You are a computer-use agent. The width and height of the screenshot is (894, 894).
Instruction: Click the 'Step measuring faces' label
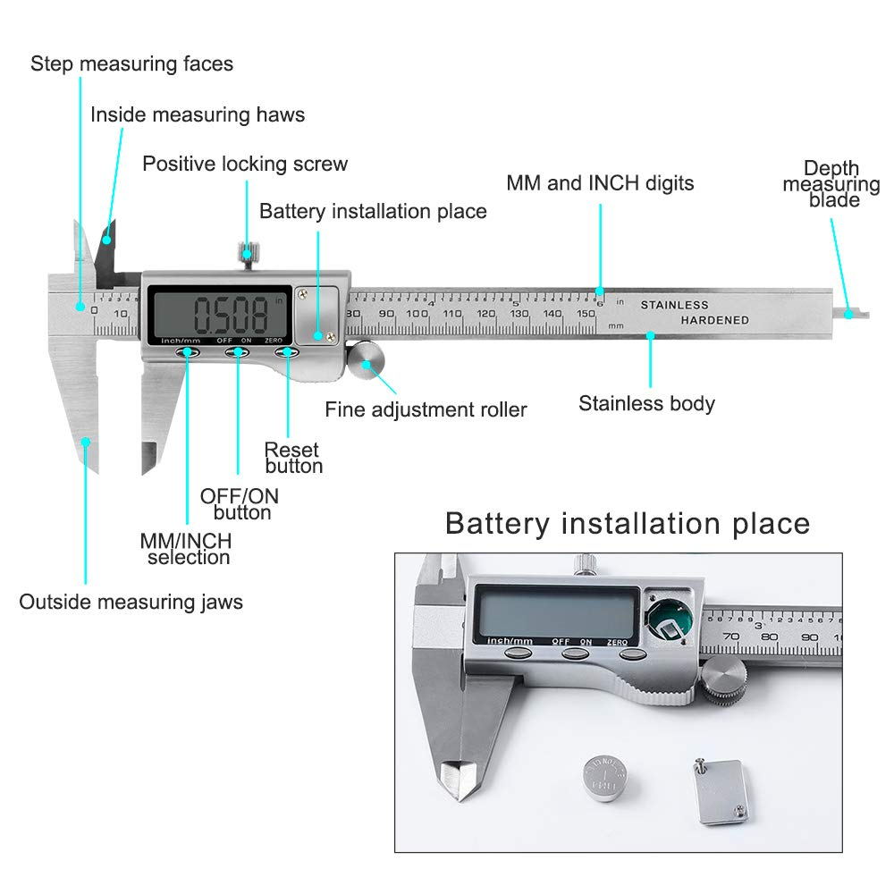click(x=131, y=64)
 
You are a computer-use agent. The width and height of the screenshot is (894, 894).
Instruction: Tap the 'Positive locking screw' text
click(x=245, y=164)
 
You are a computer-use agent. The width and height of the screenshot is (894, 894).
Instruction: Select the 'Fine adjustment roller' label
click(x=426, y=410)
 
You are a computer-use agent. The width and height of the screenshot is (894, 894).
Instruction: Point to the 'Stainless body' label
click(x=646, y=403)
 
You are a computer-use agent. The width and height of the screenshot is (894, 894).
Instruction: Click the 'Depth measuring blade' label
click(x=831, y=183)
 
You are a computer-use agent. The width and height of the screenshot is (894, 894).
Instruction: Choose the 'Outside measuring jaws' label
click(x=131, y=602)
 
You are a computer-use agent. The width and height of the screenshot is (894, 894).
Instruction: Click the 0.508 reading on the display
click(x=232, y=315)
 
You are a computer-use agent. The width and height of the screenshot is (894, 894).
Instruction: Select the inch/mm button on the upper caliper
click(x=188, y=353)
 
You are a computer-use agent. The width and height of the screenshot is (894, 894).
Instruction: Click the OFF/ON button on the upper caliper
click(x=238, y=353)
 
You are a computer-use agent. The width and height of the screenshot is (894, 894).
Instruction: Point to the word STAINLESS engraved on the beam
click(x=674, y=306)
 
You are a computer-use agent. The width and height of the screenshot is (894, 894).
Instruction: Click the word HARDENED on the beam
click(x=714, y=320)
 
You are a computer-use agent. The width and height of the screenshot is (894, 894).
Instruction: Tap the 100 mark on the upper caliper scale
click(x=417, y=314)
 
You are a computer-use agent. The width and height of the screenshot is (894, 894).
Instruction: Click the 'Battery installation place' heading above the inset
click(x=627, y=523)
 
